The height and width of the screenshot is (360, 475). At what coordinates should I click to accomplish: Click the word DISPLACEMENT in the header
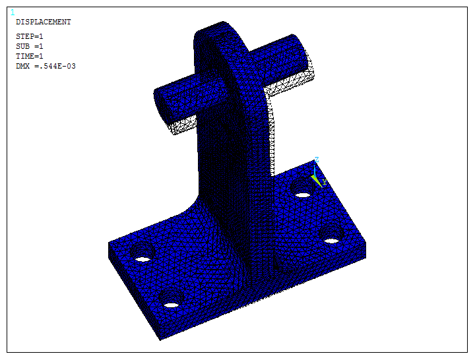[x=43, y=22]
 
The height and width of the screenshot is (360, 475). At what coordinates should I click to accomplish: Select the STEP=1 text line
[x=30, y=36]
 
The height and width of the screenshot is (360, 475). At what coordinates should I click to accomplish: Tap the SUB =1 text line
[x=30, y=46]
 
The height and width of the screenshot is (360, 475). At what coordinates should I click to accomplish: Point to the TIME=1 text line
[x=30, y=56]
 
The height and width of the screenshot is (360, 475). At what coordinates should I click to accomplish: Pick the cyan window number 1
[x=13, y=12]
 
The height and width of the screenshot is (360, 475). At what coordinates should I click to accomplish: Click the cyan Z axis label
[x=317, y=160]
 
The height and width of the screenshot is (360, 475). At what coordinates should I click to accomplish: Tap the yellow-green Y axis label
[x=324, y=182]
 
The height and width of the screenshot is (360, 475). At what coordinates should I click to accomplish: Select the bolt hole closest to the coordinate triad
[x=302, y=195]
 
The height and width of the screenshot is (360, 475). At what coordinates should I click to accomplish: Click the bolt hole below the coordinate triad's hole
[x=331, y=240]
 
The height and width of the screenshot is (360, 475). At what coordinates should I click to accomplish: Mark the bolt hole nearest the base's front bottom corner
[x=172, y=305]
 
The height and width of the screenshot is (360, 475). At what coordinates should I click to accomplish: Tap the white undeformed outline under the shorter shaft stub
[x=183, y=126]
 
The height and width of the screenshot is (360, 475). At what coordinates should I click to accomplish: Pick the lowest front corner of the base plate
[x=160, y=339]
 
